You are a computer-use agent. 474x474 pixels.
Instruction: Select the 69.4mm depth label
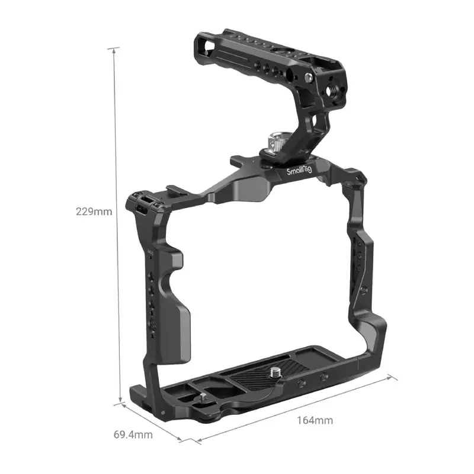tap(133, 435)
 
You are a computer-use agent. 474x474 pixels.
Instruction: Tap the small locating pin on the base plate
tap(204, 398)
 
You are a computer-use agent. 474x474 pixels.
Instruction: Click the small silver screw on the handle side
tap(308, 78)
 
